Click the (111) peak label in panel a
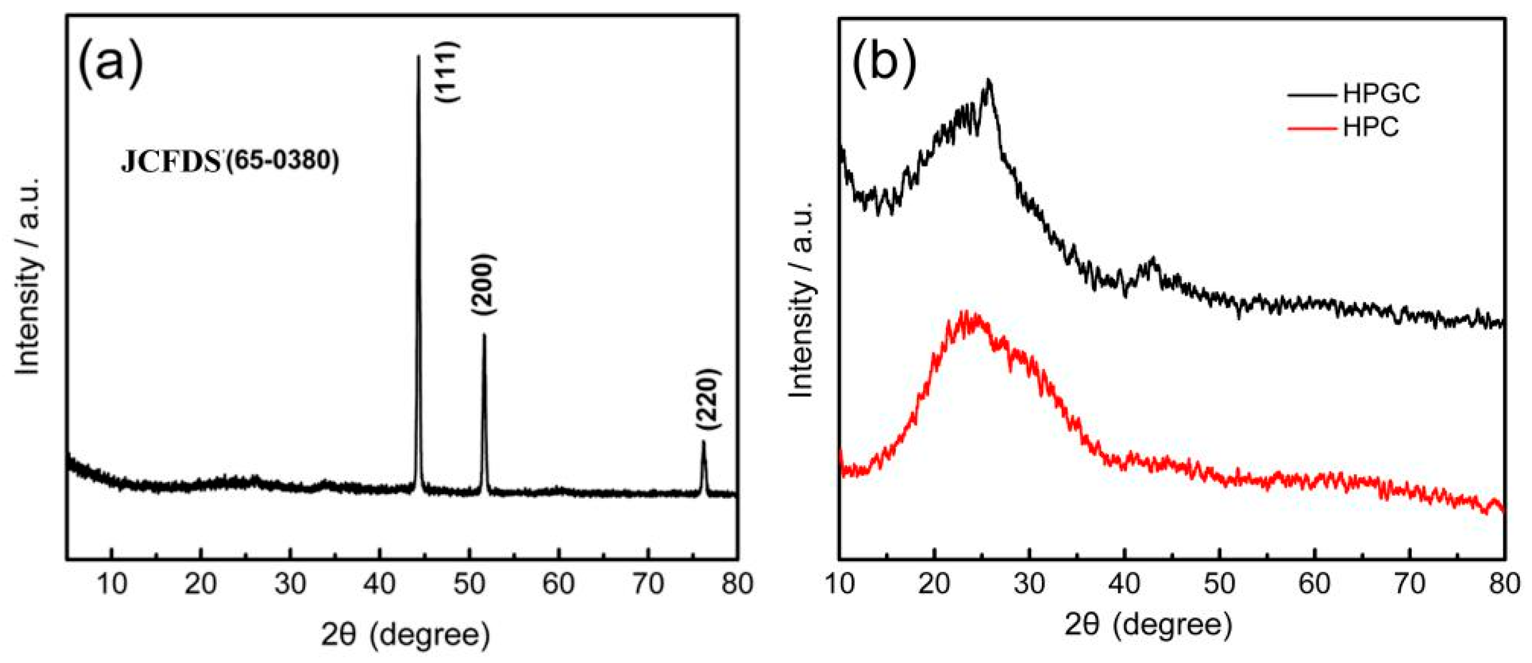[x=448, y=73]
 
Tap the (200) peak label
[x=482, y=284]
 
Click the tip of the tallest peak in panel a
[x=418, y=57]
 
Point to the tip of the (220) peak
[x=703, y=442]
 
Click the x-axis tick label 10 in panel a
[x=112, y=585]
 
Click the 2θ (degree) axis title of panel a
[x=406, y=635]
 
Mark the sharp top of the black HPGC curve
[x=989, y=80]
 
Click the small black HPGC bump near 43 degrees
[x=1154, y=259]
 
